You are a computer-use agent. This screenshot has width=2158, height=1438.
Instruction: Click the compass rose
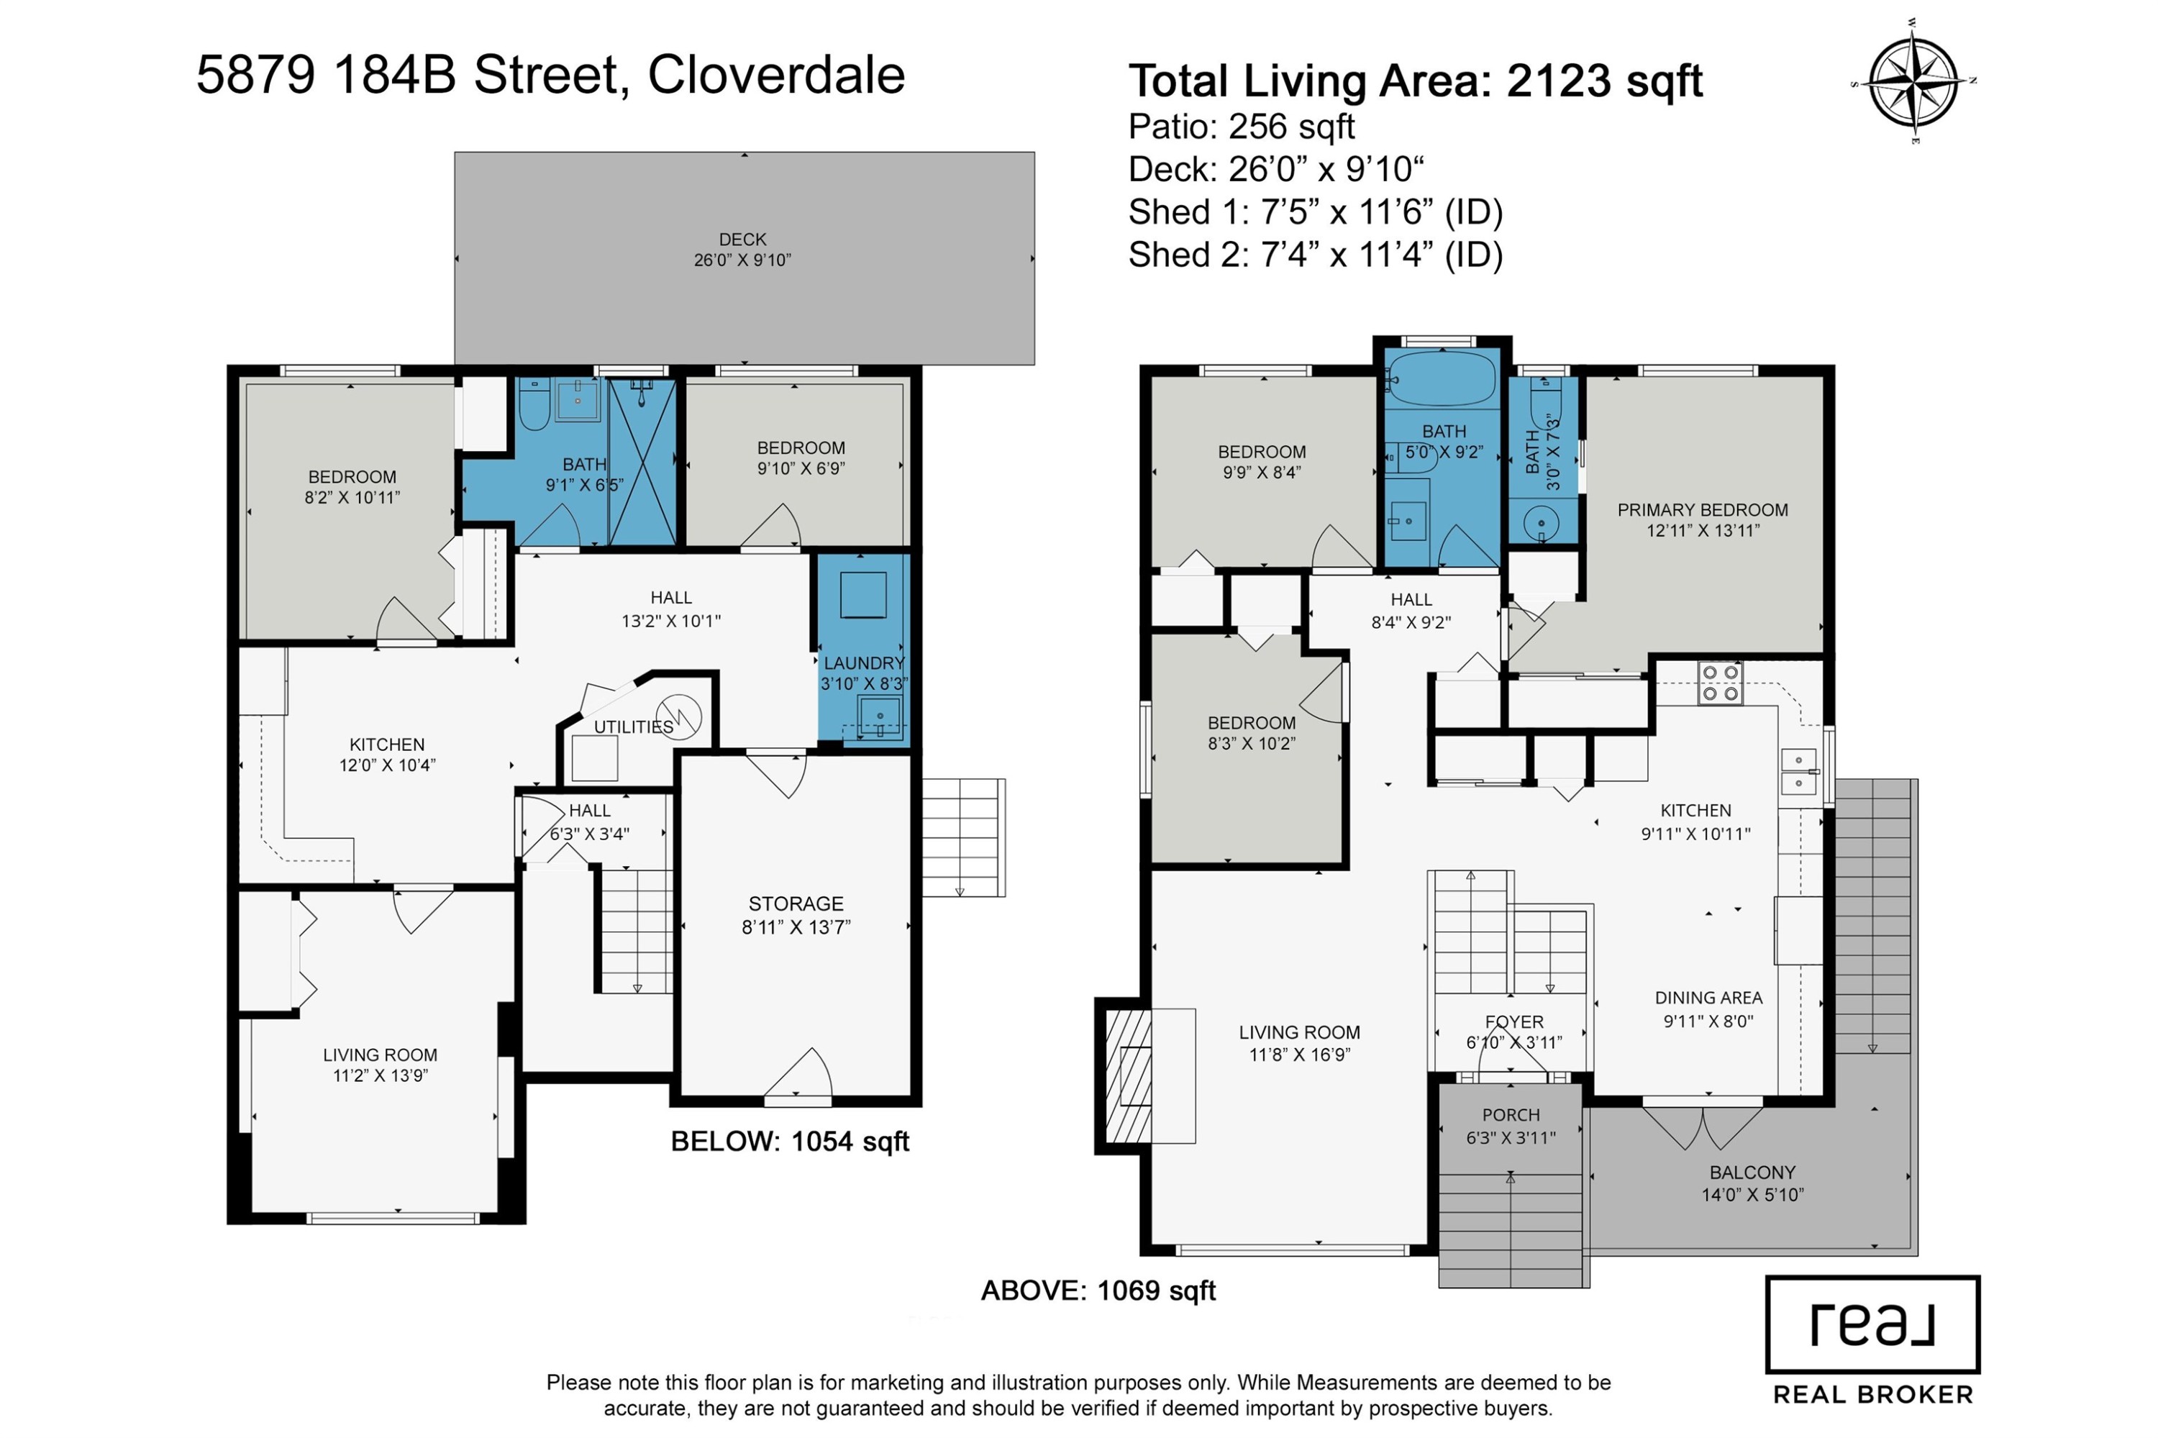pos(1912,81)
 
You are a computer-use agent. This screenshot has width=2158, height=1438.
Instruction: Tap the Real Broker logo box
pos(1872,1324)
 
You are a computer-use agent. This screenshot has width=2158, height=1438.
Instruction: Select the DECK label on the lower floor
pos(742,240)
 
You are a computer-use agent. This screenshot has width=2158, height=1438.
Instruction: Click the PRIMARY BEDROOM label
pos(1702,510)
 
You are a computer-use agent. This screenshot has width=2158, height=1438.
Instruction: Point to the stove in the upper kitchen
pos(1720,683)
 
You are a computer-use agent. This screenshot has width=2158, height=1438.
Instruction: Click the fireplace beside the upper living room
pos(1127,1075)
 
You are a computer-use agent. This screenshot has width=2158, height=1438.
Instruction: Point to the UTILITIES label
pos(634,727)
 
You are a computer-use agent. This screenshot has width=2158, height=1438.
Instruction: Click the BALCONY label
pos(1752,1172)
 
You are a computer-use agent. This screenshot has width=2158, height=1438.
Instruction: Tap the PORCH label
pos(1511,1115)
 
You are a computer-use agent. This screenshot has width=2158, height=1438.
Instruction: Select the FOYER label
pos(1514,1021)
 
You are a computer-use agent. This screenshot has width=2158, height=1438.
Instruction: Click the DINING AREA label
pos(1708,998)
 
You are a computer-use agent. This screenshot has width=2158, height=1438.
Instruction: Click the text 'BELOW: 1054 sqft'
pos(790,1141)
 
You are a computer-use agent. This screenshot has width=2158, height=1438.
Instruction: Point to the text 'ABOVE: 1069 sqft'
pos(1098,1291)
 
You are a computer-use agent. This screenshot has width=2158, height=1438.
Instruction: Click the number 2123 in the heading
pos(1559,81)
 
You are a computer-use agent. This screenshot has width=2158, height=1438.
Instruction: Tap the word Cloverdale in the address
pos(777,76)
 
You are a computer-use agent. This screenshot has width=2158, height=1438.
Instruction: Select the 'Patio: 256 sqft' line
pos(1242,127)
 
